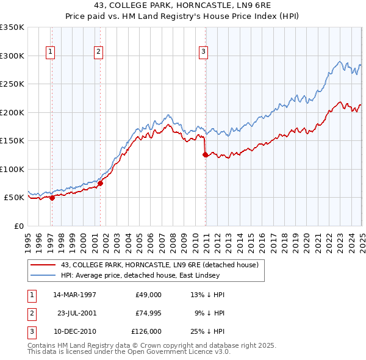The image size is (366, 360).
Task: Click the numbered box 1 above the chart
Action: [50, 52]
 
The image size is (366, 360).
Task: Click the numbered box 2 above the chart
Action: [98, 52]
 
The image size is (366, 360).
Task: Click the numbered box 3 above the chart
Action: [203, 52]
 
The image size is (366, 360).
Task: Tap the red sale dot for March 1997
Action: [52, 198]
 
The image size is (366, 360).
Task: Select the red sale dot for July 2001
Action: [101, 183]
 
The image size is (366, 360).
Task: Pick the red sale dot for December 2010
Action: [205, 154]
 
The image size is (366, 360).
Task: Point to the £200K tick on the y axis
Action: [12, 112]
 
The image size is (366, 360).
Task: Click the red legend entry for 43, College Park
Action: [160, 265]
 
